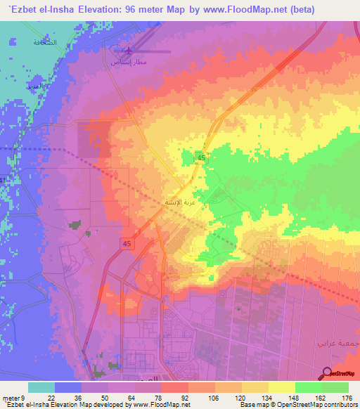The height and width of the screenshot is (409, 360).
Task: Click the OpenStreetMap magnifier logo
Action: pos(327,374)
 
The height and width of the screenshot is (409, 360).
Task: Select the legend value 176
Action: pos(347,397)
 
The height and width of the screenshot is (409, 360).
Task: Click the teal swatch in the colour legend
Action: pos(41,387)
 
